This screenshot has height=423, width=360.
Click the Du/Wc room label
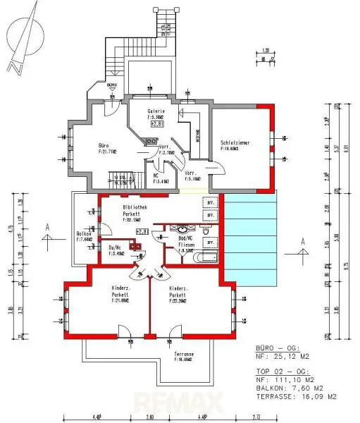(116, 247)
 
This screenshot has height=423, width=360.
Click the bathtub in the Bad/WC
(206, 259)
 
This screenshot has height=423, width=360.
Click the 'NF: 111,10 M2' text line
(289, 379)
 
